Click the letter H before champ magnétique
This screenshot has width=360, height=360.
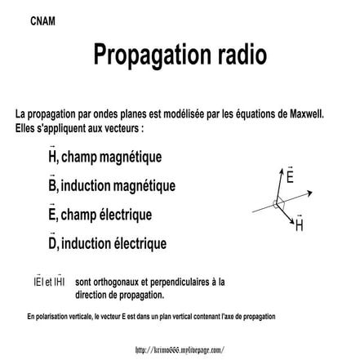pos(52,156)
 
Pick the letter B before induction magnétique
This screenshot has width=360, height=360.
pos(52,185)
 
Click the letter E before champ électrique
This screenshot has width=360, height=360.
pos(52,215)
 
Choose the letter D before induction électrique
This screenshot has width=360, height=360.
pos(52,243)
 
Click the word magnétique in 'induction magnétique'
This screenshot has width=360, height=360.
pos(144,185)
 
